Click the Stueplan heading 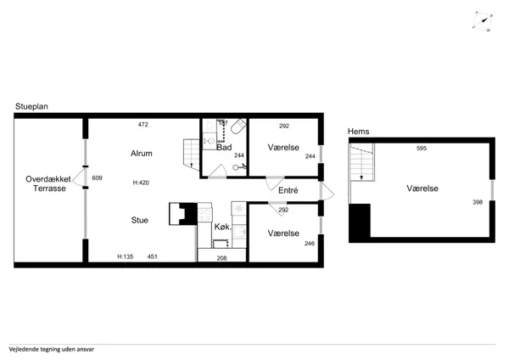pyautogui.click(x=31, y=107)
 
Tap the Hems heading pyautogui.click(x=358, y=132)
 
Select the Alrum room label pyautogui.click(x=141, y=154)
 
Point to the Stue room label pyautogui.click(x=140, y=220)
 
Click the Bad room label pyautogui.click(x=224, y=148)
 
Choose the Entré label pyautogui.click(x=288, y=192)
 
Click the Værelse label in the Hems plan pyautogui.click(x=422, y=188)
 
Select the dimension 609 pyautogui.click(x=97, y=177)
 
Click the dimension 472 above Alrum pyautogui.click(x=143, y=125)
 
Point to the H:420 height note pyautogui.click(x=141, y=183)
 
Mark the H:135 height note pyautogui.click(x=126, y=256)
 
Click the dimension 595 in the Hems pyautogui.click(x=421, y=149)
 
